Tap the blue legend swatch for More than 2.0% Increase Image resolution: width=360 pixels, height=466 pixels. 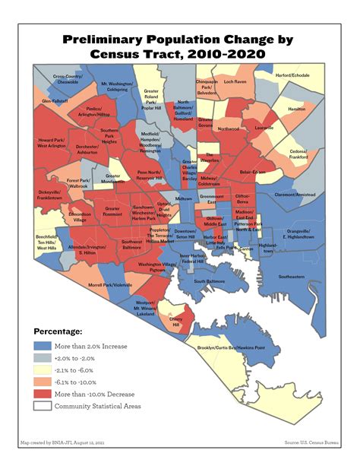[x=43, y=346]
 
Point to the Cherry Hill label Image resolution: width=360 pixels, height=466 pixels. [x=176, y=322]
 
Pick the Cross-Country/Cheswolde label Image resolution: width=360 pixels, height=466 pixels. [x=68, y=79]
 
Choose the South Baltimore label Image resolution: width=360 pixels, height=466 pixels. [x=210, y=281]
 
